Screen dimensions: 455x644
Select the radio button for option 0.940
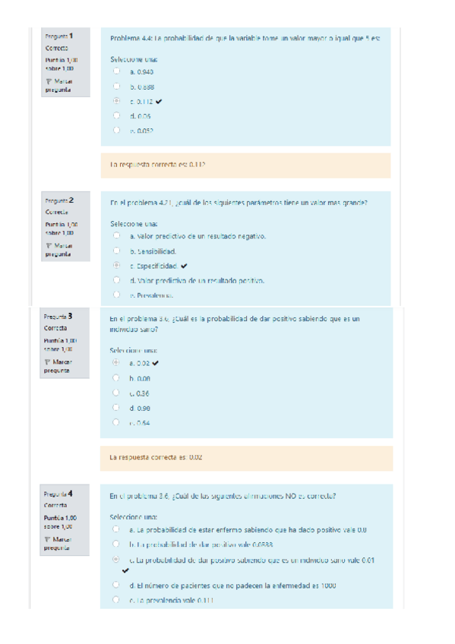[116, 71]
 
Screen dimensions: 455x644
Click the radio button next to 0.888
[116, 86]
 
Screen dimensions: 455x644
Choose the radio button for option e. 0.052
[116, 130]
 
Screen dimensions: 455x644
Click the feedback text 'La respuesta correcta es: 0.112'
[159, 165]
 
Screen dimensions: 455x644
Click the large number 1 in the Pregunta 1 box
[70, 35]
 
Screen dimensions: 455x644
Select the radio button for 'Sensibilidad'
[116, 251]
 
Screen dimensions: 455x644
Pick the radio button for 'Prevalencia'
[116, 295]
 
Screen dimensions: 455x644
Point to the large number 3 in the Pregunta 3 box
[70, 315]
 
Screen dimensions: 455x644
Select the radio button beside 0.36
[116, 393]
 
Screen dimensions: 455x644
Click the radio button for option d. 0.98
[116, 407]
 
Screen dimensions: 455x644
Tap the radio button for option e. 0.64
[116, 421]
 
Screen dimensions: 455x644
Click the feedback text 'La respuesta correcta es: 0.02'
[156, 458]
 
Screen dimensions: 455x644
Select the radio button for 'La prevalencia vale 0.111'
[116, 600]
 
